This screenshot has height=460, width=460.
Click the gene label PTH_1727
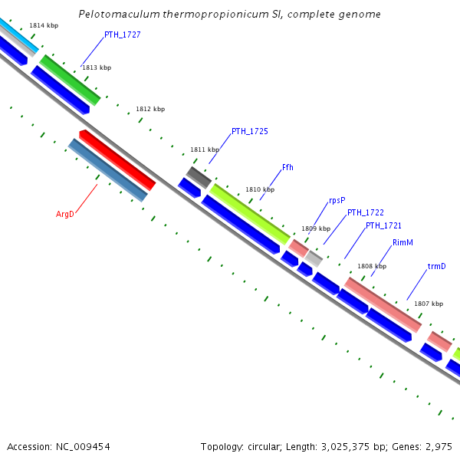point(122,35)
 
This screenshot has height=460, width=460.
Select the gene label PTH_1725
point(249,131)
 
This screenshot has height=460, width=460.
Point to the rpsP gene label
point(337,200)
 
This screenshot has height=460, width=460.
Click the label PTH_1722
point(365,212)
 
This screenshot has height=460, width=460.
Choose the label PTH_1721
point(383,225)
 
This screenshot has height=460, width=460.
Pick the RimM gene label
point(402,242)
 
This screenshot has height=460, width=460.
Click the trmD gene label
point(436,267)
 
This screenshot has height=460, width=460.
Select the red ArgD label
point(65,214)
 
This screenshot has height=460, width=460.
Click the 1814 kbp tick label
point(44,25)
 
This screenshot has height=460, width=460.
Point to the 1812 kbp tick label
point(150,109)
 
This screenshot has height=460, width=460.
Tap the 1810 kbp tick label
point(260,189)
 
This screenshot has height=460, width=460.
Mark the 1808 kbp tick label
point(372,266)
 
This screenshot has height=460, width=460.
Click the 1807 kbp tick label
point(429,304)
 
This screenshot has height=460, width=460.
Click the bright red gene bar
point(117,160)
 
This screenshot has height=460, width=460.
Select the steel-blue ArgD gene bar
point(107,170)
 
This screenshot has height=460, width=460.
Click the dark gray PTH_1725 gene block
point(199,177)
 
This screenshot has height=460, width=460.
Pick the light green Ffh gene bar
point(250,214)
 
